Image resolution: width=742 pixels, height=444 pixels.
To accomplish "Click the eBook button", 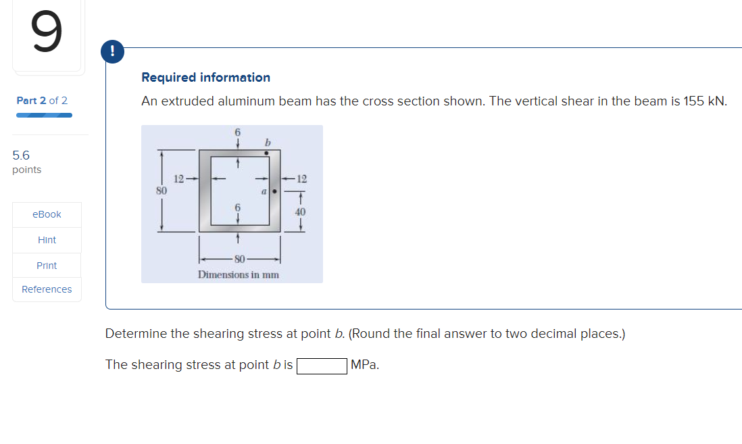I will pyautogui.click(x=47, y=214).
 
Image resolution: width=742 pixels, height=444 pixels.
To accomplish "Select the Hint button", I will pyautogui.click(x=47, y=240).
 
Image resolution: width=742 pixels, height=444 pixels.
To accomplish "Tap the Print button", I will pyautogui.click(x=47, y=266).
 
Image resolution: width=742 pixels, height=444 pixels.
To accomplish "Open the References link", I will pyautogui.click(x=47, y=289).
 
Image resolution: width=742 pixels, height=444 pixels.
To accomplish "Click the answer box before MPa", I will pyautogui.click(x=322, y=365).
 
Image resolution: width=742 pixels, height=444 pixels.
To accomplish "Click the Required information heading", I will pyautogui.click(x=205, y=78).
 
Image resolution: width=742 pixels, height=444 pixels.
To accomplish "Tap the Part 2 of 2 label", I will pyautogui.click(x=42, y=101).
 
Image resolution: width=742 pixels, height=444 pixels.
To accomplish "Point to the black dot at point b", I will pyautogui.click(x=267, y=153).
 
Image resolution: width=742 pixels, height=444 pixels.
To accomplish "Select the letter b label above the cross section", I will pyautogui.click(x=268, y=142).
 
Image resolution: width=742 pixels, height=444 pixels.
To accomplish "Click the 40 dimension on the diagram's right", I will pyautogui.click(x=300, y=212).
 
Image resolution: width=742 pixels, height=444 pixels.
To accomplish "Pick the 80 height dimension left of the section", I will pyautogui.click(x=162, y=191).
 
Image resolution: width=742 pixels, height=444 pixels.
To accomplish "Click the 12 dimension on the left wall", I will pyautogui.click(x=179, y=179).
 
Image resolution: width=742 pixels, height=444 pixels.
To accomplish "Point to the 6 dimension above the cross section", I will pyautogui.click(x=237, y=132).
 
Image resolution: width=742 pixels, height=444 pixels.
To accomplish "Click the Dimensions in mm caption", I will pyautogui.click(x=238, y=274).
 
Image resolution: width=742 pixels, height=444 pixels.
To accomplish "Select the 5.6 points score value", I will pyautogui.click(x=21, y=155).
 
